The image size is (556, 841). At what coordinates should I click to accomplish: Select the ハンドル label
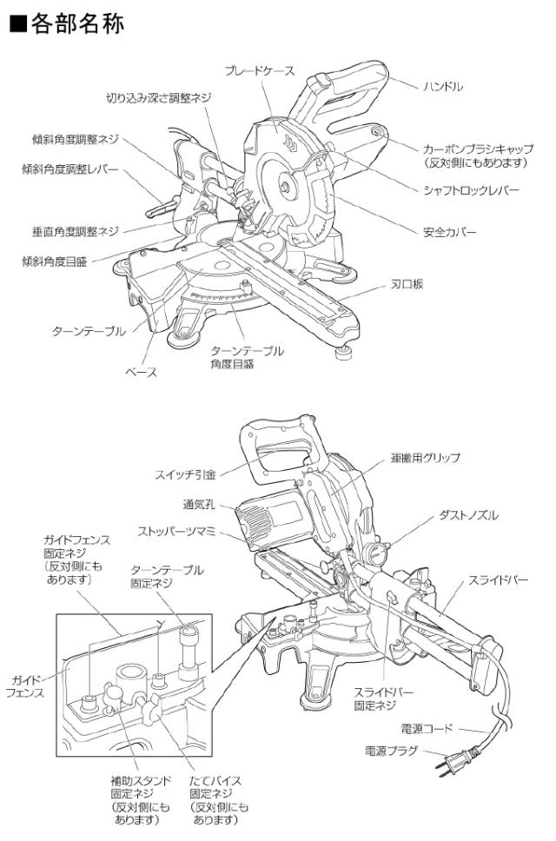(443, 87)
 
